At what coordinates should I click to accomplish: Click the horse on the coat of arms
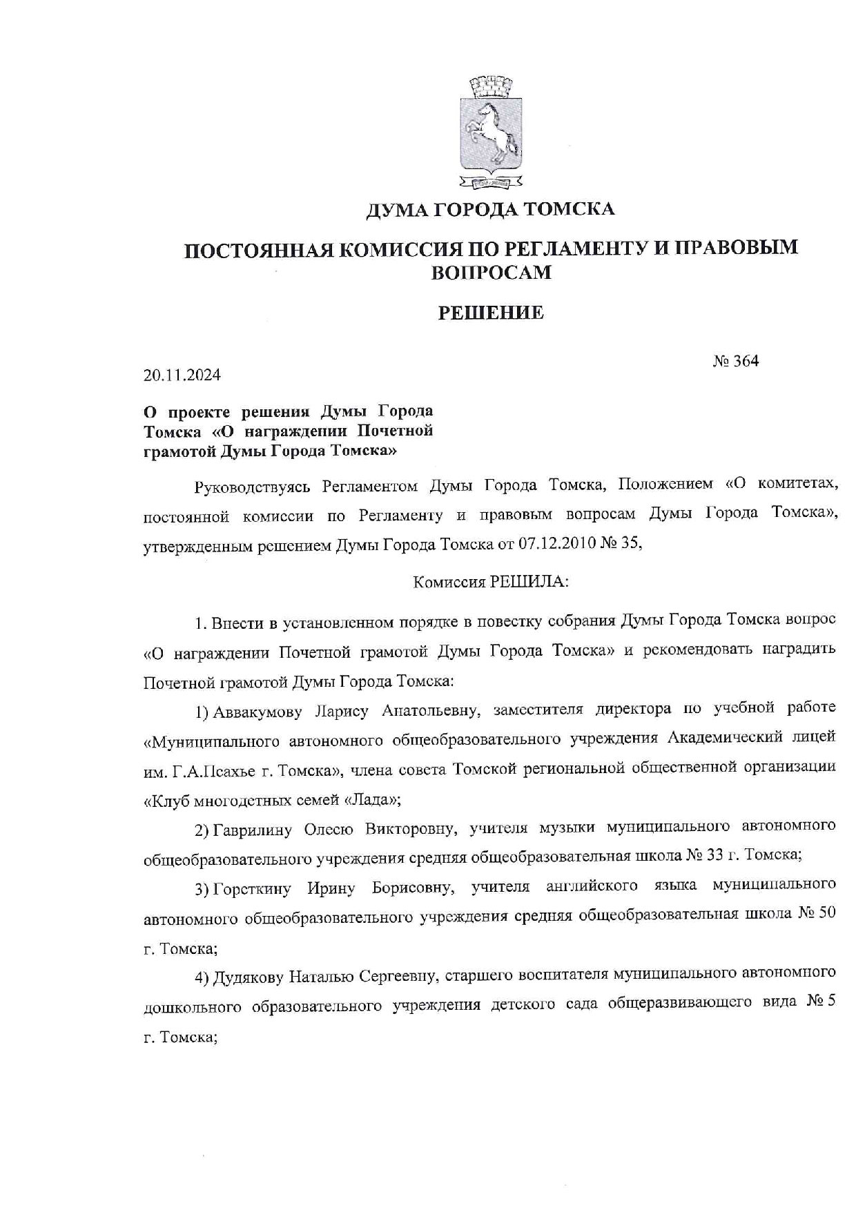[489, 131]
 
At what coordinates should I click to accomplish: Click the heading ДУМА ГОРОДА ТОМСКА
[489, 208]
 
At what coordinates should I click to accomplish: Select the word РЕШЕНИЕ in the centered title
[491, 313]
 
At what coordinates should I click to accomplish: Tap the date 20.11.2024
[182, 375]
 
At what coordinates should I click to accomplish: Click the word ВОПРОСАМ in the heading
[491, 273]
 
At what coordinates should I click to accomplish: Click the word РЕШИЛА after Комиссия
[528, 582]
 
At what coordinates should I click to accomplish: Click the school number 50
[827, 914]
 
